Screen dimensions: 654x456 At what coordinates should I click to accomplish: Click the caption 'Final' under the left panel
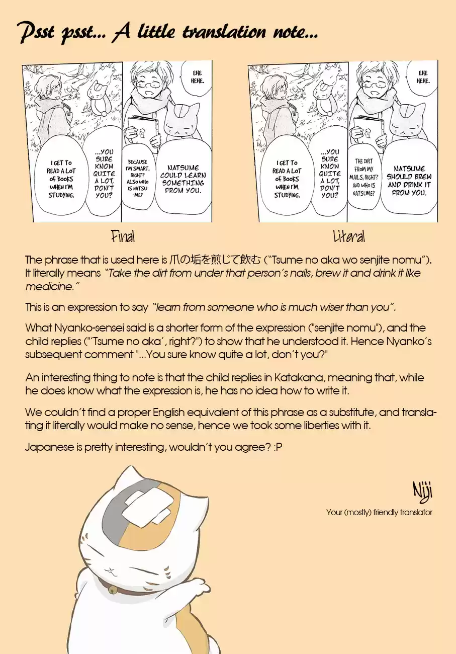[123, 236]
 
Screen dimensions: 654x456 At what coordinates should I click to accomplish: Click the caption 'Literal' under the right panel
[348, 236]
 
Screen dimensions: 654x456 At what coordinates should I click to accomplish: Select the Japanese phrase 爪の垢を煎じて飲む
[215, 260]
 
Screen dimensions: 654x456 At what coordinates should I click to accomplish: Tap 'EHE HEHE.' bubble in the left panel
[197, 77]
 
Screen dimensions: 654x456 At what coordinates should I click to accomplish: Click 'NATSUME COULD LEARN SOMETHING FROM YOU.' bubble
[183, 179]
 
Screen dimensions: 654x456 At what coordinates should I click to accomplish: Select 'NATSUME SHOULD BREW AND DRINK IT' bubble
[409, 181]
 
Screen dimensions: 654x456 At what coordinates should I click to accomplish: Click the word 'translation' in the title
[217, 33]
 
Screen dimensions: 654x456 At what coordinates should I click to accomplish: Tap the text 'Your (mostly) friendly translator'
[379, 512]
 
